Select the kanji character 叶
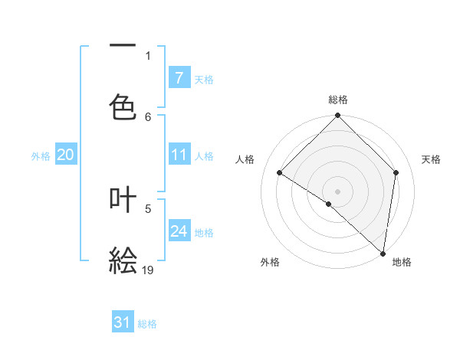point(123,200)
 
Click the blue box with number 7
point(179,78)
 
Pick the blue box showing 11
point(179,155)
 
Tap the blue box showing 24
point(179,231)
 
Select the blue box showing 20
point(65,155)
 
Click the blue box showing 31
point(123,322)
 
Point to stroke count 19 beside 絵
point(148,270)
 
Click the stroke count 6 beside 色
point(148,116)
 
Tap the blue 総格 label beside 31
point(147,324)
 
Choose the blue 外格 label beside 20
point(41,156)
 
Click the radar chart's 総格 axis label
point(338,100)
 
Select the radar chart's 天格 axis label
point(432,159)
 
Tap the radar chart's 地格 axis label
point(402,262)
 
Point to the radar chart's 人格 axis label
point(245,159)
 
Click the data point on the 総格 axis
point(337,116)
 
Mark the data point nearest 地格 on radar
point(383,253)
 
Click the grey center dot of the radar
point(337,191)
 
